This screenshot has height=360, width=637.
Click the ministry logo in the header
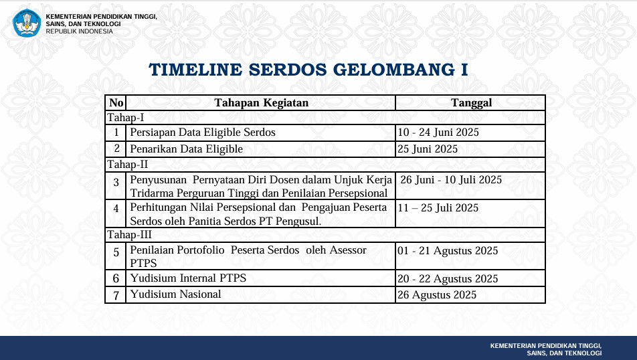pyautogui.click(x=27, y=23)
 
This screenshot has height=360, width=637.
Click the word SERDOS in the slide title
pyautogui.click(x=288, y=70)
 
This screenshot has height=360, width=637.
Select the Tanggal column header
pyautogui.click(x=471, y=103)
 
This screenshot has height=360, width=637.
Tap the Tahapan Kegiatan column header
pyautogui.click(x=261, y=103)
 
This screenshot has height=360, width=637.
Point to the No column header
pyautogui.click(x=116, y=103)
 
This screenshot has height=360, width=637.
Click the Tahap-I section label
pyautogui.click(x=126, y=118)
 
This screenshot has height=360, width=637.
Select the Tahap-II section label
pyautogui.click(x=128, y=165)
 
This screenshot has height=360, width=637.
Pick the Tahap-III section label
pyautogui.click(x=129, y=235)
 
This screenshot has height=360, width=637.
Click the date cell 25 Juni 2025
pyautogui.click(x=428, y=149)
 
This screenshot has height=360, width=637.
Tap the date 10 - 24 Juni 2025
pyautogui.click(x=438, y=132)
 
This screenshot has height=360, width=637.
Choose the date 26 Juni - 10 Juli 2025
pyautogui.click(x=451, y=179)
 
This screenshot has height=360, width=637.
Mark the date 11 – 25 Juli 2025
pyautogui.click(x=438, y=207)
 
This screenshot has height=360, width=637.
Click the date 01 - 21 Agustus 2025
pyautogui.click(x=448, y=251)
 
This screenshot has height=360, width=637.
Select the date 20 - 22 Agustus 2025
pyautogui.click(x=448, y=279)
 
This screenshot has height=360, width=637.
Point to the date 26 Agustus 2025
pyautogui.click(x=437, y=294)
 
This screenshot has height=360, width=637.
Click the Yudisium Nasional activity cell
pyautogui.click(x=175, y=294)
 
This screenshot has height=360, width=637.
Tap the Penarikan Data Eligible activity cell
pyautogui.click(x=186, y=149)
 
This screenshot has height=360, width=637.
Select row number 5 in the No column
pyautogui.click(x=116, y=252)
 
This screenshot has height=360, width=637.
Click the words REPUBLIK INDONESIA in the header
pyautogui.click(x=79, y=31)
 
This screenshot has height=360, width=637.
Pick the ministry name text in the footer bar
pyautogui.click(x=546, y=349)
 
